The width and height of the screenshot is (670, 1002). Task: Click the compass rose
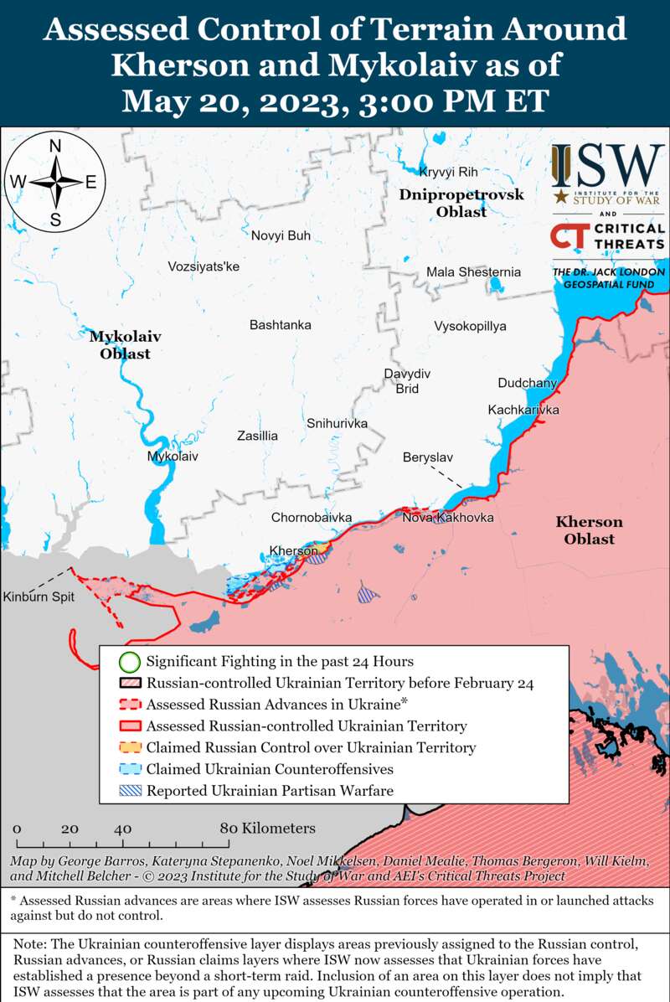(x=55, y=182)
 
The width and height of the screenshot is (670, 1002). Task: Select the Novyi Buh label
(x=281, y=235)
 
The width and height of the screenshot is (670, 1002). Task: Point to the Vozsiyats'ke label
(x=204, y=266)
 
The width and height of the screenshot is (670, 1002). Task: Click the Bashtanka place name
(x=281, y=324)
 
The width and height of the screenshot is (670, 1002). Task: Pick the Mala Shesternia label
(x=473, y=272)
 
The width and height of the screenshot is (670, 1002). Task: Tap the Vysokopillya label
(x=470, y=326)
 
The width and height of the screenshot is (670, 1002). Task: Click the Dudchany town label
(x=527, y=383)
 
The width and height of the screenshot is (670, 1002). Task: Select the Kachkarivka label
(x=523, y=410)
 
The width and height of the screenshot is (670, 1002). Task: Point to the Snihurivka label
(x=337, y=423)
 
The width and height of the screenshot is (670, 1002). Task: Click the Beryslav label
(x=427, y=457)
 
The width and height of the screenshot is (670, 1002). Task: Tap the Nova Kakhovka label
(x=448, y=518)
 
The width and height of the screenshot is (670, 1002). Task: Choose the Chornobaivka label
(x=311, y=518)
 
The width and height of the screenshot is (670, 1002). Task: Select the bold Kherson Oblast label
(x=589, y=530)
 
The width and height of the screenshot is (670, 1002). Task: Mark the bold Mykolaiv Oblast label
(x=125, y=344)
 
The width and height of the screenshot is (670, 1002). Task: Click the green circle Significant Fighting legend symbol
(x=128, y=662)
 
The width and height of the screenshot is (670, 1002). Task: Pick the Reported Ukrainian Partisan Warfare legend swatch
(x=128, y=790)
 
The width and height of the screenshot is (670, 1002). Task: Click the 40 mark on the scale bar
(x=122, y=829)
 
